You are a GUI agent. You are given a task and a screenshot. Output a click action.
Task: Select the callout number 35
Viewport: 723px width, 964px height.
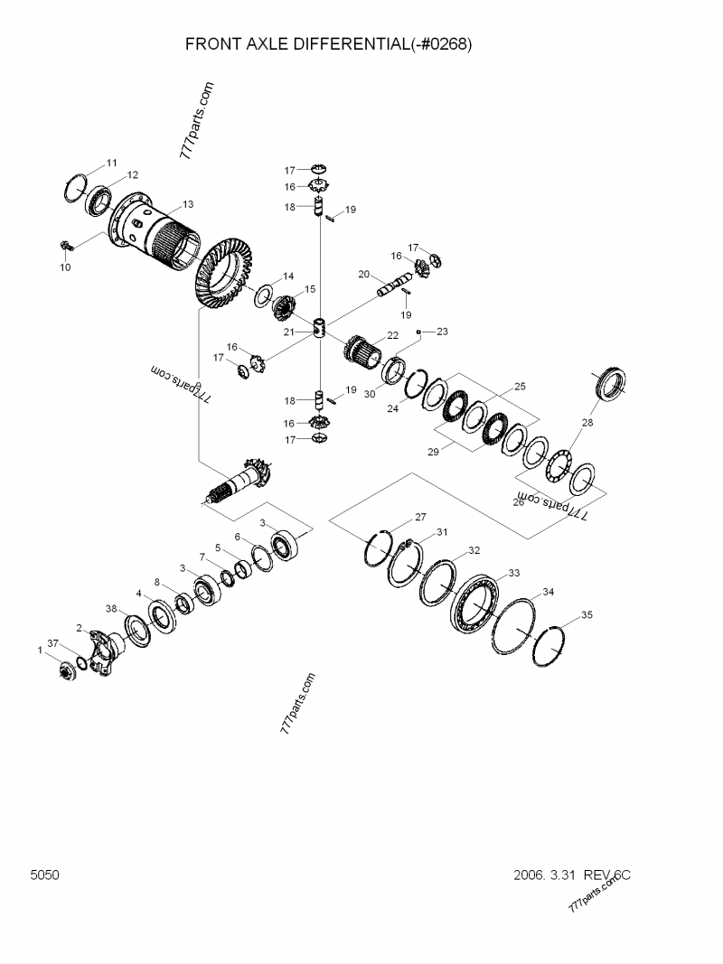click(x=587, y=615)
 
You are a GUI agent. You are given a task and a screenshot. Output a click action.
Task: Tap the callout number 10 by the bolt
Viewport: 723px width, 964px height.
click(x=64, y=267)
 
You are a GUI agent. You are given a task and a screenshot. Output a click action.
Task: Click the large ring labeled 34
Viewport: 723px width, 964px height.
click(x=516, y=626)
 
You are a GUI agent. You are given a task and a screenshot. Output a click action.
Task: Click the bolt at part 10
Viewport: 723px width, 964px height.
click(x=67, y=245)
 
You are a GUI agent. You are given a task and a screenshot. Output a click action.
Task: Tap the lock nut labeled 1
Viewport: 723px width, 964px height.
click(x=66, y=672)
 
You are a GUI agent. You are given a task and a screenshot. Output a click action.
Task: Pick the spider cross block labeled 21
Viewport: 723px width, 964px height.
click(x=320, y=330)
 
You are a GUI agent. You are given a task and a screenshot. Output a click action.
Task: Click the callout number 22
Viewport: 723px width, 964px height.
click(x=392, y=335)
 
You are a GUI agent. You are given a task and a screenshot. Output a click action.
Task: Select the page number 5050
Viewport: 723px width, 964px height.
click(x=44, y=875)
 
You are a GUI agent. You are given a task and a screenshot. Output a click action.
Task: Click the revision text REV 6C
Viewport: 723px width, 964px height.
click(x=606, y=875)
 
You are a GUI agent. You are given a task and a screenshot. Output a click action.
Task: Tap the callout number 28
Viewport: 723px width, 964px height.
click(x=588, y=422)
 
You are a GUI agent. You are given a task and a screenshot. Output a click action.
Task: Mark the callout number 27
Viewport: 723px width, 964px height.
click(x=420, y=518)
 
